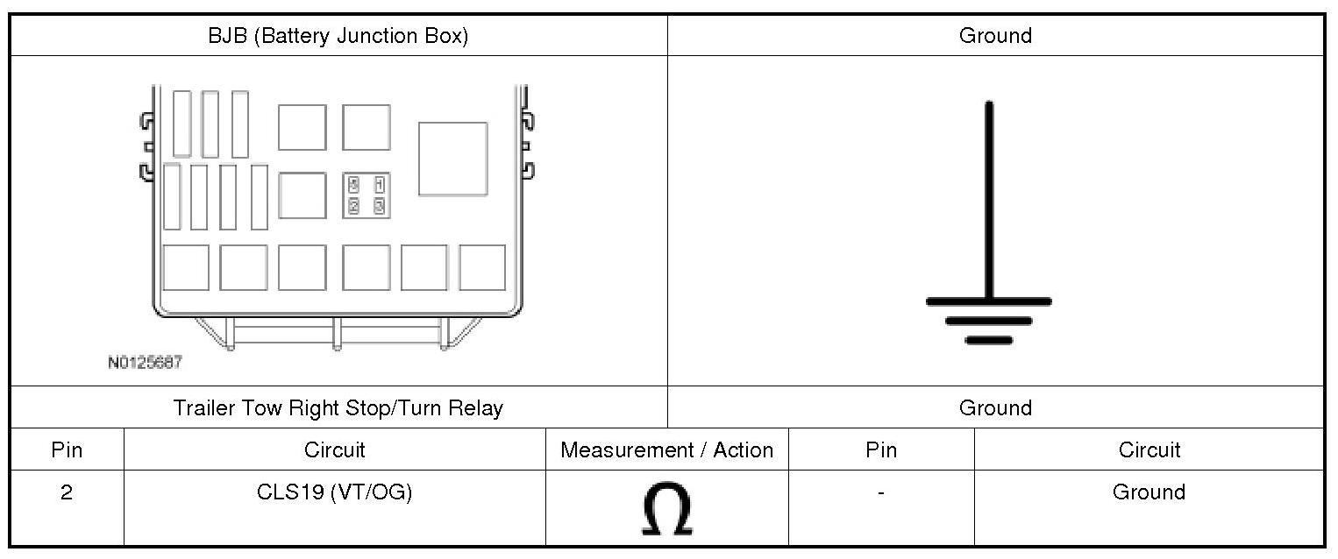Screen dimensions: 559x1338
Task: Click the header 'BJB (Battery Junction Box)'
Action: [338, 36]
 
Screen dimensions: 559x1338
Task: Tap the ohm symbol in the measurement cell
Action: [666, 509]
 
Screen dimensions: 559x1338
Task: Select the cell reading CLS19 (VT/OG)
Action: [334, 492]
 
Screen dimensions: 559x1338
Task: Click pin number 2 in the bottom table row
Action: [67, 492]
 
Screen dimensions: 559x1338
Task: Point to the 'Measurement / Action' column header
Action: [666, 450]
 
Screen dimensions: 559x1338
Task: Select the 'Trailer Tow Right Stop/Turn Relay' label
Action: [338, 408]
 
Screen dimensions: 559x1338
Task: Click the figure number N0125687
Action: [145, 362]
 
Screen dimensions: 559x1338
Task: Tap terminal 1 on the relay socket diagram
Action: [379, 185]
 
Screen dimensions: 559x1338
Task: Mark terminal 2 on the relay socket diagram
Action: [353, 206]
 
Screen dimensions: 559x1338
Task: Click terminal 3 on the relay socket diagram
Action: [379, 206]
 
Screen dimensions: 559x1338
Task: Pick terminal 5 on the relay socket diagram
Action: [353, 185]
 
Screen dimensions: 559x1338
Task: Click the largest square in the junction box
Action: [452, 159]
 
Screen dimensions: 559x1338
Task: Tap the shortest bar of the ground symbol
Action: [989, 340]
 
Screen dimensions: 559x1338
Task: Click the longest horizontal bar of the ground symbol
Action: [989, 301]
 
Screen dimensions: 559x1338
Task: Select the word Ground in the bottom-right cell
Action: [1149, 492]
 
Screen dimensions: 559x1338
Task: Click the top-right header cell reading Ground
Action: [995, 36]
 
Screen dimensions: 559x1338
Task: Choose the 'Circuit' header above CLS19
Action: [334, 450]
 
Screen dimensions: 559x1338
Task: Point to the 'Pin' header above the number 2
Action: [67, 450]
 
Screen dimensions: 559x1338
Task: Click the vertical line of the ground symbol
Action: [989, 202]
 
